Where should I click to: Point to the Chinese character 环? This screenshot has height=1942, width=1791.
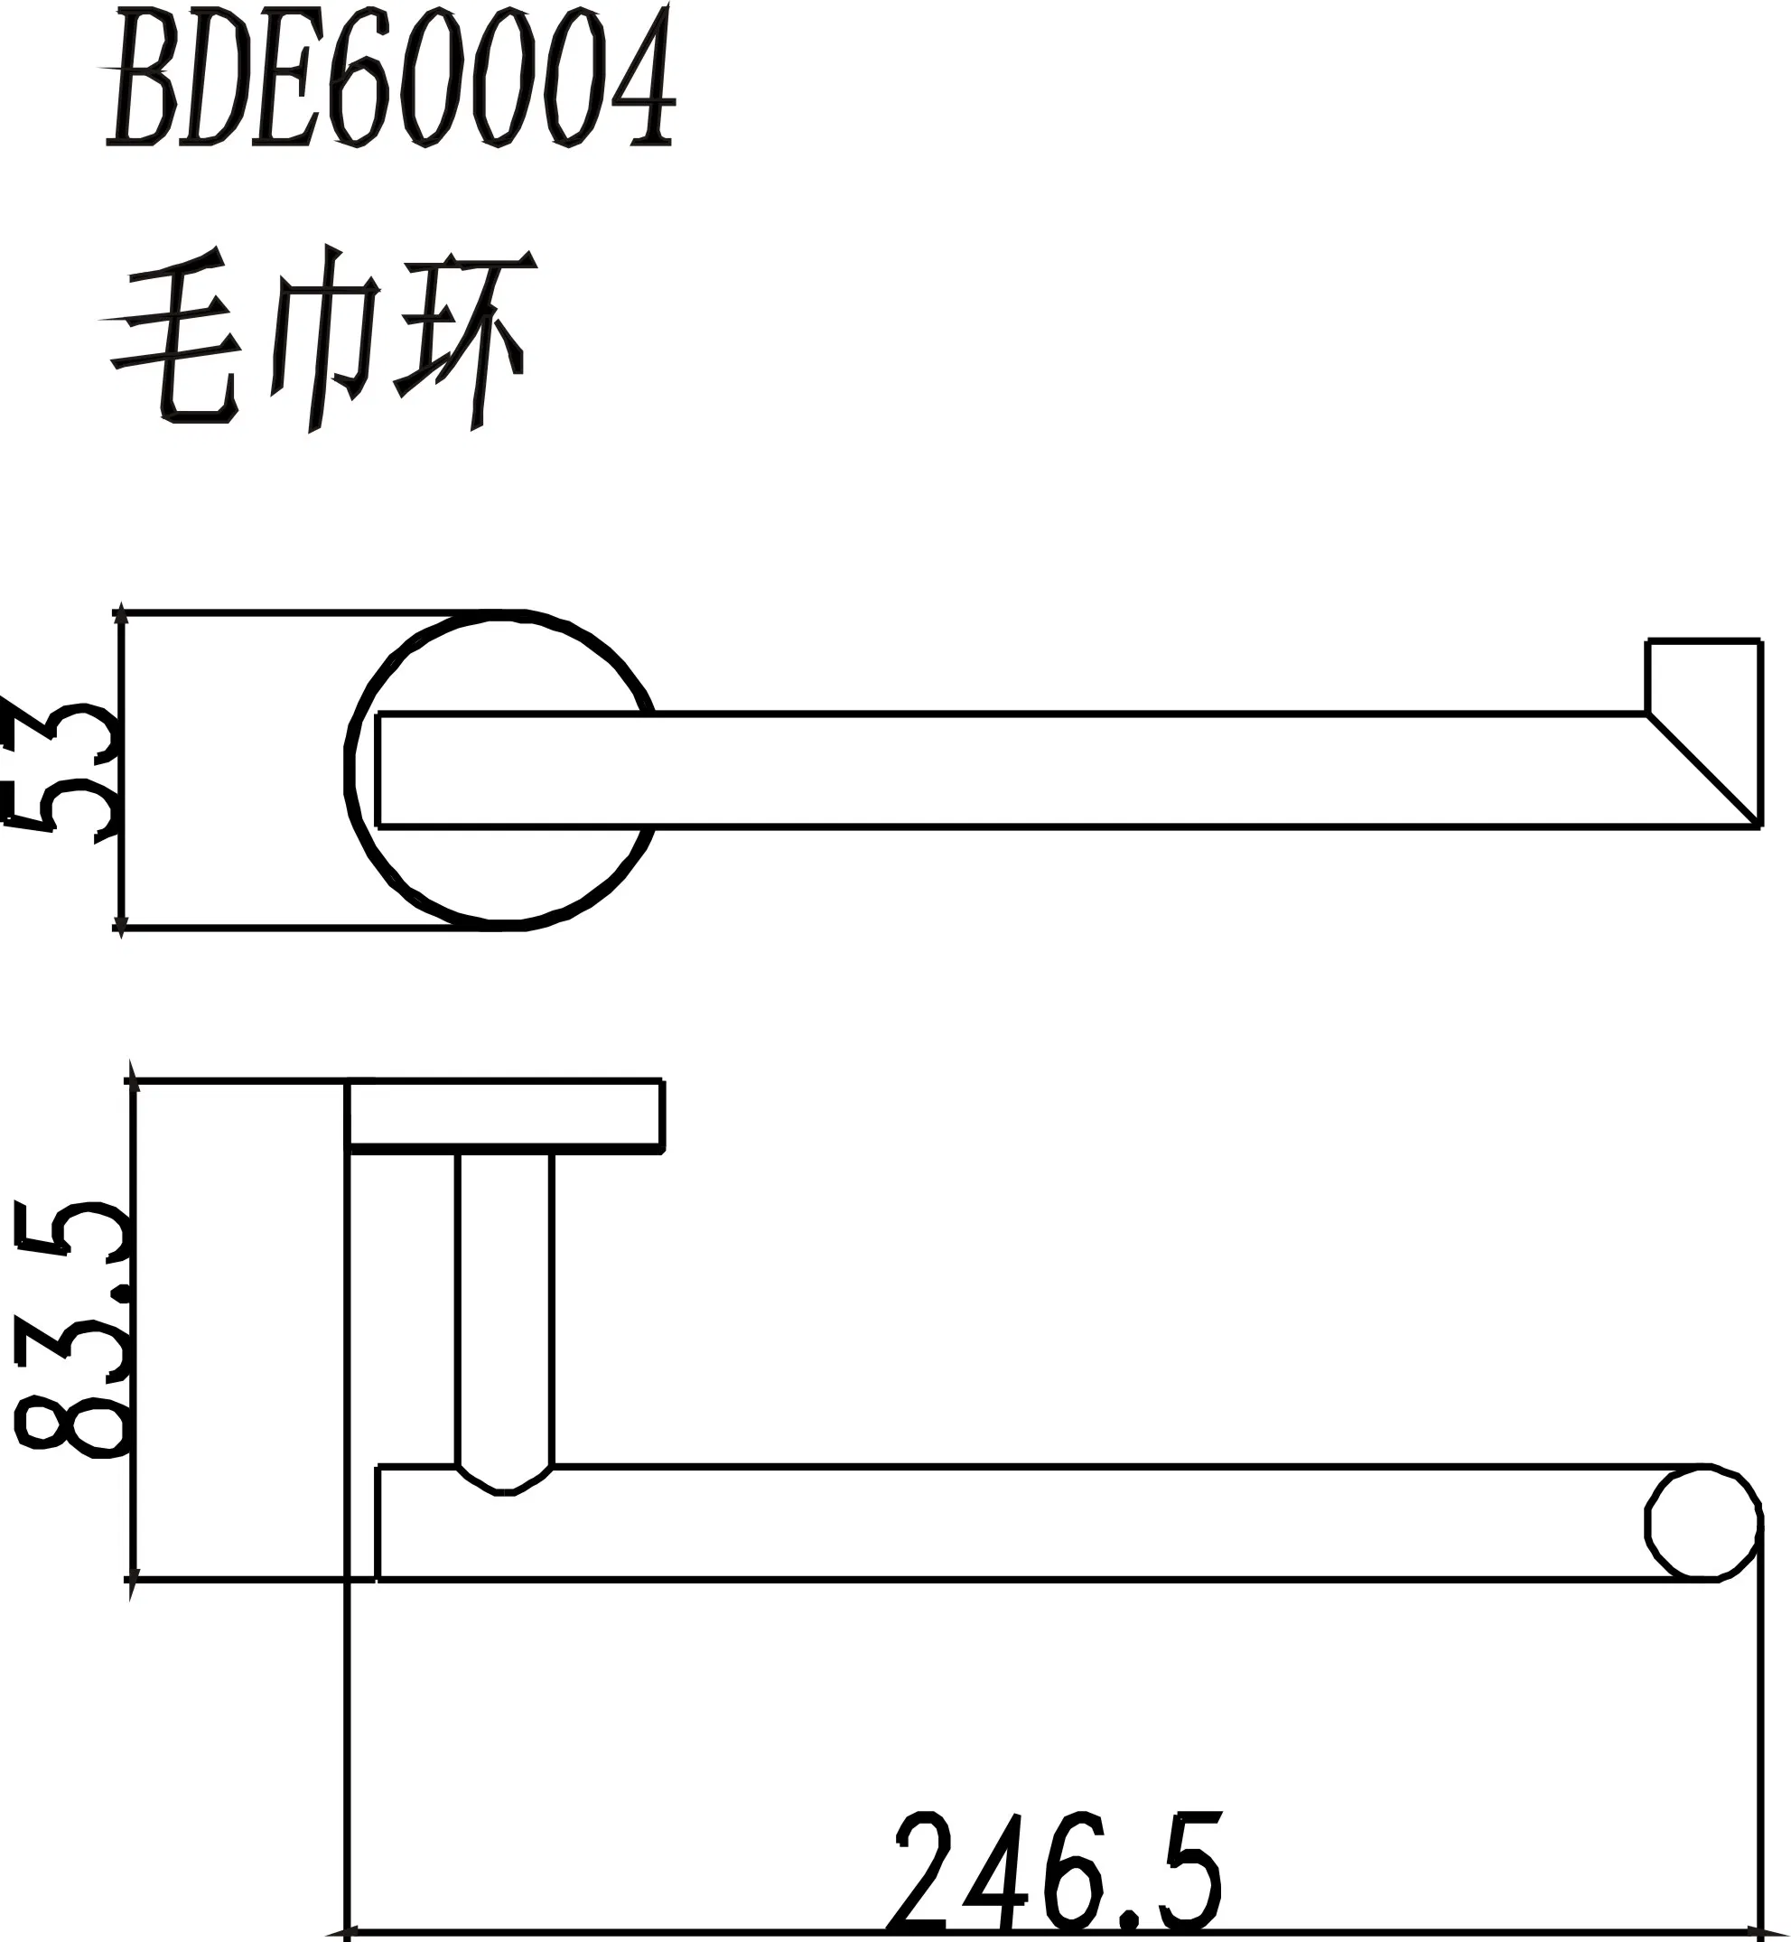[464, 339]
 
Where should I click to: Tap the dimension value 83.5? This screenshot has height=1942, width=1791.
[70, 1329]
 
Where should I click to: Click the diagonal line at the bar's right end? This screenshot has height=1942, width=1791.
[1703, 770]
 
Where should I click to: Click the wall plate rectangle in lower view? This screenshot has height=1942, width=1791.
[505, 1116]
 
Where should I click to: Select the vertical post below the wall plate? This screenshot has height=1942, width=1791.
[504, 1308]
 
